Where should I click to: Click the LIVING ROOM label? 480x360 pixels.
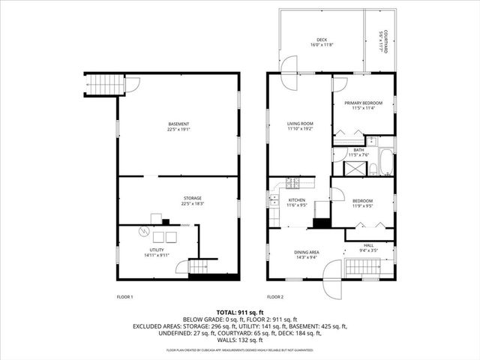click(x=300, y=124)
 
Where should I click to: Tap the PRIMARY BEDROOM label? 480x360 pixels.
click(x=363, y=103)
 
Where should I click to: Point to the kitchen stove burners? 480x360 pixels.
click(x=291, y=184)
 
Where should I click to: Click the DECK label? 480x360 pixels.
click(x=320, y=40)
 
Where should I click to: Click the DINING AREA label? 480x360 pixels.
click(x=306, y=252)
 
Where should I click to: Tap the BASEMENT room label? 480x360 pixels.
click(x=178, y=124)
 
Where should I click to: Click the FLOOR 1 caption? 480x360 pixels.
click(x=124, y=297)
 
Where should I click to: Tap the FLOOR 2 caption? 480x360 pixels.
click(x=276, y=297)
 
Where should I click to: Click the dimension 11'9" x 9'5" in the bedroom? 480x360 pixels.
click(x=363, y=205)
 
